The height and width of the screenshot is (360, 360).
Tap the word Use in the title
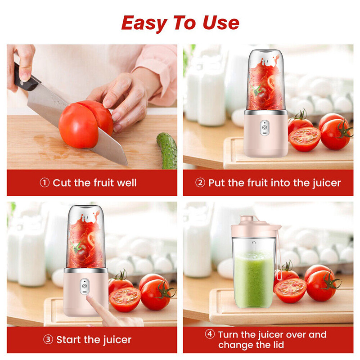[x=221, y=22]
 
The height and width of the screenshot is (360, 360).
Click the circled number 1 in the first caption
[x=45, y=183]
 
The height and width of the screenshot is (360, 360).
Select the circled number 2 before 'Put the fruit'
[x=200, y=183]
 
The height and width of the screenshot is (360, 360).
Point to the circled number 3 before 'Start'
[x=48, y=340]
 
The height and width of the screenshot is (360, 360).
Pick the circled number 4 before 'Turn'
[x=210, y=334]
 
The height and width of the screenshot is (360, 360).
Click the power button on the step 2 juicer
[x=265, y=128]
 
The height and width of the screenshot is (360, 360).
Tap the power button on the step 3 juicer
[x=85, y=286]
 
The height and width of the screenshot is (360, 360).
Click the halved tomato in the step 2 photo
[x=305, y=139]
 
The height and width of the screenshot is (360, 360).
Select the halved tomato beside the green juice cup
[x=290, y=290]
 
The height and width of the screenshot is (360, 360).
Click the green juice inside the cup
[x=254, y=279]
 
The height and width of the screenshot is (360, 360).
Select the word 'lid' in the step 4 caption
[x=278, y=345]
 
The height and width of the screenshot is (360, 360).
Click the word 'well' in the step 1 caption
[x=127, y=183]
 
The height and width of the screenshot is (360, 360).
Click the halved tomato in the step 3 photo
[x=125, y=299]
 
